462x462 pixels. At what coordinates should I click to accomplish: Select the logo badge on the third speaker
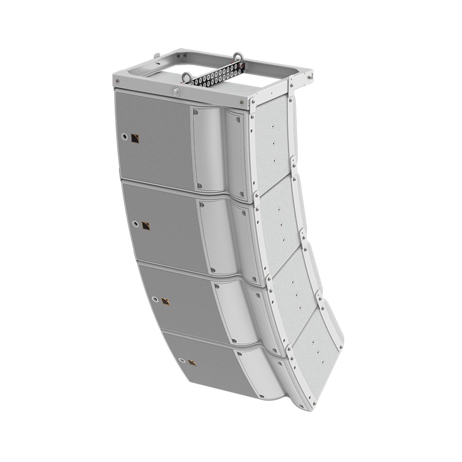coord(165,301)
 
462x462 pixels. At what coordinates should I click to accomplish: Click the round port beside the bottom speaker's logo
coord(181,360)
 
